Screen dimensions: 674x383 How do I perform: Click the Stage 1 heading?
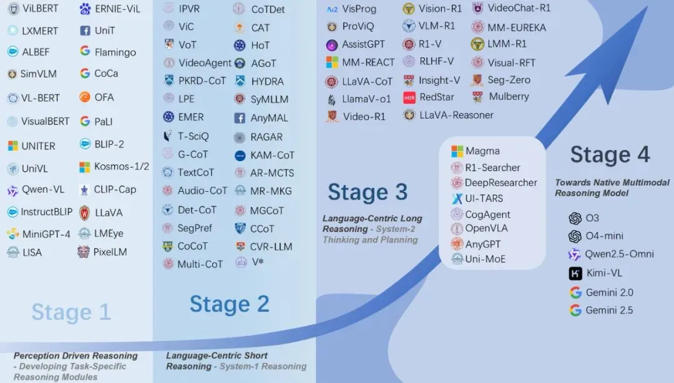(x=71, y=312)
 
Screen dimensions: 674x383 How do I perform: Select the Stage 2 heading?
(x=230, y=304)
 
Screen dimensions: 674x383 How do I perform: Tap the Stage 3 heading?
(x=368, y=192)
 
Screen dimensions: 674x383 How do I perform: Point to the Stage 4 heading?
(x=610, y=154)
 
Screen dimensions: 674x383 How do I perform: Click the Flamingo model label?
(x=115, y=52)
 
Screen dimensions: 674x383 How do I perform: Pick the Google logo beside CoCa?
(x=85, y=73)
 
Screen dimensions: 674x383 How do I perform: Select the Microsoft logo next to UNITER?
(x=13, y=146)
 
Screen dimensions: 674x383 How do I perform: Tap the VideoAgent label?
(x=205, y=63)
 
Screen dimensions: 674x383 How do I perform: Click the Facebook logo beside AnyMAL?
(x=240, y=118)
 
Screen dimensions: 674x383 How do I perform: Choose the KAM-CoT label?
(x=273, y=155)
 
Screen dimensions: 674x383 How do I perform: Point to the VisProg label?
(x=359, y=9)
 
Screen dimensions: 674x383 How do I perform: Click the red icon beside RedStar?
(x=409, y=97)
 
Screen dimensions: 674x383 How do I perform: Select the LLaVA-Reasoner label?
(x=456, y=115)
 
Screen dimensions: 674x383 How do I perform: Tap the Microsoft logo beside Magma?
(x=457, y=151)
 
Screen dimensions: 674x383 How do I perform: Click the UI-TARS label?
(x=484, y=199)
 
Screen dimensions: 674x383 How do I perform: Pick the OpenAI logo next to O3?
(x=575, y=218)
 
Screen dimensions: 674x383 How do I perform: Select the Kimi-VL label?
(x=604, y=273)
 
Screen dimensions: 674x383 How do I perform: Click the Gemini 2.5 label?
(x=609, y=310)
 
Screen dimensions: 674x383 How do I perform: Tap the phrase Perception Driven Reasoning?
(x=76, y=356)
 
